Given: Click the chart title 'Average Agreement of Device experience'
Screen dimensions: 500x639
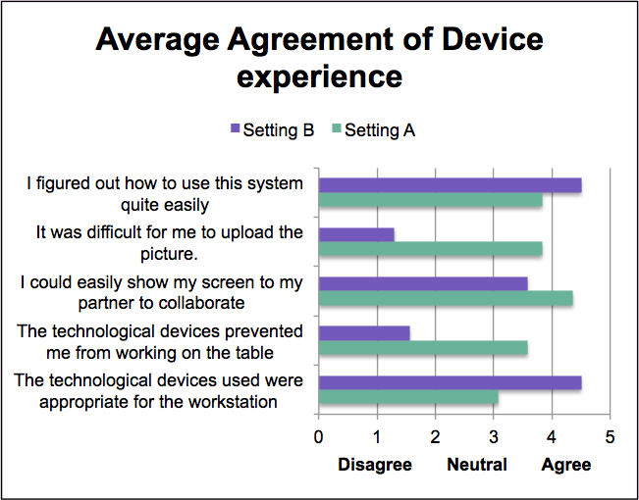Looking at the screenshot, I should [319, 57].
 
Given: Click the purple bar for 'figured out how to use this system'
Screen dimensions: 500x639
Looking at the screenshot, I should [450, 185].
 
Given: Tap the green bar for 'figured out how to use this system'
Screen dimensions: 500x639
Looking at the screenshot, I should [430, 201].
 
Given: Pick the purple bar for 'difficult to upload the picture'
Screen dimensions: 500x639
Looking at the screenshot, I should [356, 234].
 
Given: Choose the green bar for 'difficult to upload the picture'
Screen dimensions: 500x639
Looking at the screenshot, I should [430, 250].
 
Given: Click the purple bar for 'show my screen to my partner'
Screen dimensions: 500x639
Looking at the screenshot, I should [423, 283].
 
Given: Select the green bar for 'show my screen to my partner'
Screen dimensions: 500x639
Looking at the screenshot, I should [446, 299].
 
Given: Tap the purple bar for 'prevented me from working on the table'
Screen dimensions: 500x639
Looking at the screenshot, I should [364, 333].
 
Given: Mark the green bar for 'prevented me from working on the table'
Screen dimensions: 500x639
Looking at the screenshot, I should [423, 348].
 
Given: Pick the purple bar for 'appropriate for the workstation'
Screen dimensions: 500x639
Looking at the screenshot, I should [450, 382].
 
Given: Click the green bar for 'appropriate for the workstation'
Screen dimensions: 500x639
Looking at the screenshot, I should [408, 398].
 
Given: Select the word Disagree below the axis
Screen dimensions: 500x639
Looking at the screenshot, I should [375, 464].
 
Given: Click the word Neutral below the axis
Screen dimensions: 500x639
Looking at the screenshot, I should [477, 464].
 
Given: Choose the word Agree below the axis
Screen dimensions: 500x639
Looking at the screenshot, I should [566, 464].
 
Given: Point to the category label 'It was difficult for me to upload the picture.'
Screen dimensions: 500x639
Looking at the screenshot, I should [169, 242].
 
